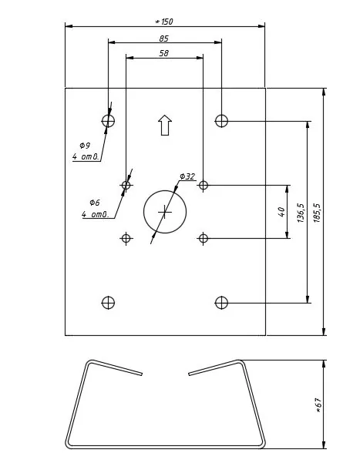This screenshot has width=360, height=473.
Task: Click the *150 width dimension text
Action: pyautogui.click(x=164, y=22)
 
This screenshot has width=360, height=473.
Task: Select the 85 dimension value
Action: pyautogui.click(x=164, y=39)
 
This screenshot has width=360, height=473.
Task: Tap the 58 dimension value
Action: pyautogui.click(x=164, y=53)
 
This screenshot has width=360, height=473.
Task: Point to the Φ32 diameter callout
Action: pyautogui.click(x=187, y=176)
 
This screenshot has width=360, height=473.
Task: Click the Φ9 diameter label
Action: pyautogui.click(x=85, y=146)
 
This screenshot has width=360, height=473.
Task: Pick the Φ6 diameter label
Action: pyautogui.click(x=95, y=203)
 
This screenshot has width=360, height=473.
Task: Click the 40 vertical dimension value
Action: pyautogui.click(x=281, y=212)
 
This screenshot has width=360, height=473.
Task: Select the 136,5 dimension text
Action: pyautogui.click(x=301, y=213)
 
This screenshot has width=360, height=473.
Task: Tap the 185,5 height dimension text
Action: pyautogui.click(x=317, y=213)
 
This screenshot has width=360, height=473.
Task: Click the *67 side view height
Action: pyautogui.click(x=318, y=405)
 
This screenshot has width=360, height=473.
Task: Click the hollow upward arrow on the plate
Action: pyautogui.click(x=165, y=125)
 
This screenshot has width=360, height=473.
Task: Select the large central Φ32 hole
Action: pyautogui.click(x=165, y=190)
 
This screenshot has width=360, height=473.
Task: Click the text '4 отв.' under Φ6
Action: pyautogui.click(x=95, y=214)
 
